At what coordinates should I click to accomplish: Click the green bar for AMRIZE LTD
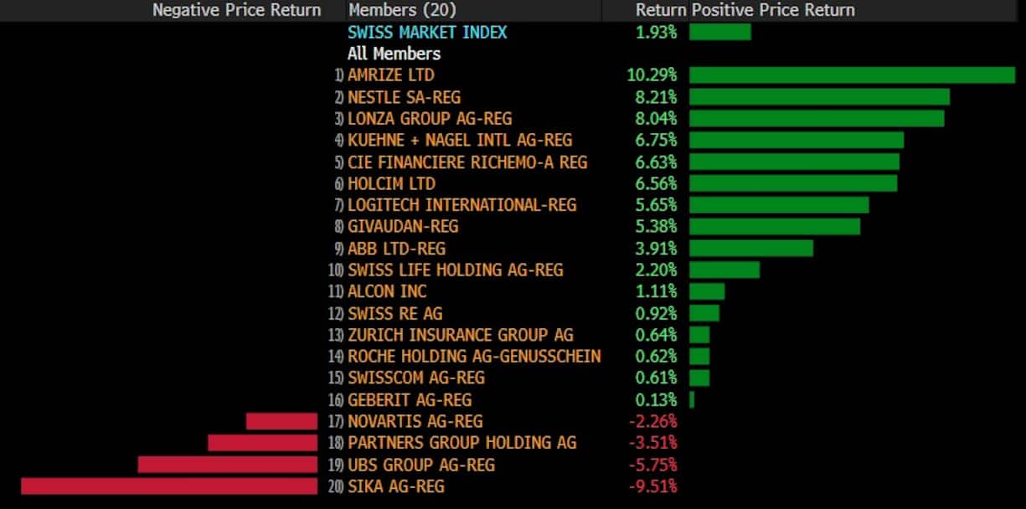pyautogui.click(x=852, y=75)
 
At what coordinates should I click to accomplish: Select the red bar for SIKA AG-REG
pyautogui.click(x=169, y=486)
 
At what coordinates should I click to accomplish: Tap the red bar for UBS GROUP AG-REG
pyautogui.click(x=228, y=465)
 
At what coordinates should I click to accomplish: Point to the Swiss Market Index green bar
pyautogui.click(x=720, y=32)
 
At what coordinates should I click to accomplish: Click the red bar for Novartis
pyautogui.click(x=281, y=421)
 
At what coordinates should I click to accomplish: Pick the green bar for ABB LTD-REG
pyautogui.click(x=751, y=249)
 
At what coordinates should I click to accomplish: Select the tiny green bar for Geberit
pyautogui.click(x=692, y=400)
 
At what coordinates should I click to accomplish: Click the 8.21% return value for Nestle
pyautogui.click(x=656, y=97)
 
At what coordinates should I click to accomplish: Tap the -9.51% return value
pyautogui.click(x=652, y=486)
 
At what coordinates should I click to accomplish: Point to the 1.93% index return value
pyautogui.click(x=656, y=32)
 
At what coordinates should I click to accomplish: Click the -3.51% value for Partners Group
pyautogui.click(x=652, y=443)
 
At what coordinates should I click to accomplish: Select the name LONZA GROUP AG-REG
pyautogui.click(x=430, y=119)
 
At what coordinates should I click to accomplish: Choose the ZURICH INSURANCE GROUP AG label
pyautogui.click(x=461, y=335)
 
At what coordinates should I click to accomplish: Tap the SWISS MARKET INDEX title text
pyautogui.click(x=427, y=32)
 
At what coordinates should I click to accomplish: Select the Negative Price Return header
pyautogui.click(x=236, y=10)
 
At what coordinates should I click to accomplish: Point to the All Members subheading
pyautogui.click(x=394, y=54)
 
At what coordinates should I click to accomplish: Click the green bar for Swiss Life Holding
pyautogui.click(x=724, y=270)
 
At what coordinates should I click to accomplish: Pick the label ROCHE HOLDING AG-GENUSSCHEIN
pyautogui.click(x=474, y=357)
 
